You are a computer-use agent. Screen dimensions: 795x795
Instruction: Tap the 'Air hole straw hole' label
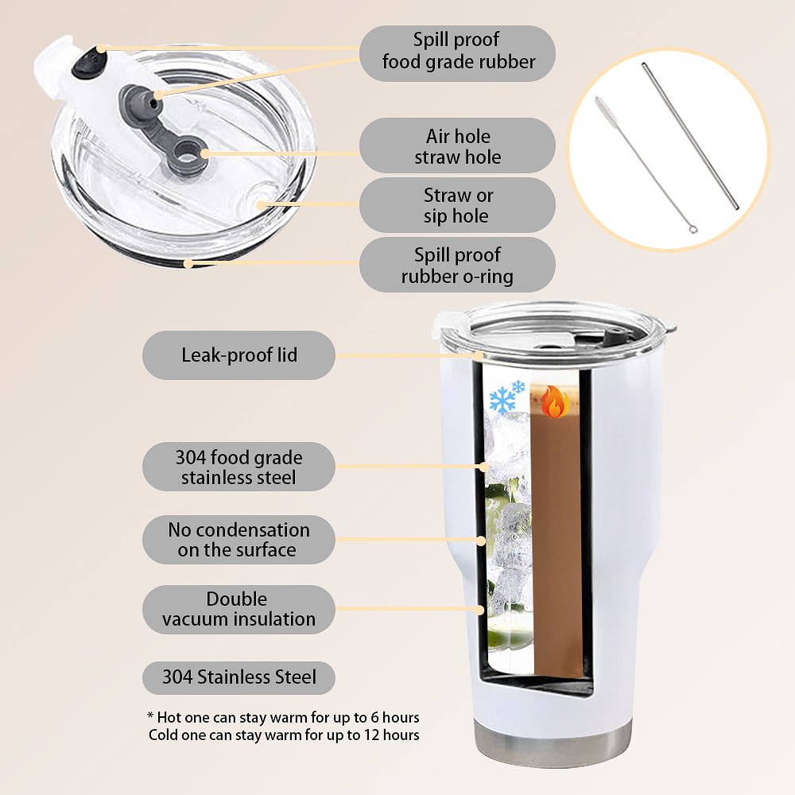pyautogui.click(x=457, y=146)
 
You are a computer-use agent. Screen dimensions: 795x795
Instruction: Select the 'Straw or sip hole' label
pyautogui.click(x=457, y=205)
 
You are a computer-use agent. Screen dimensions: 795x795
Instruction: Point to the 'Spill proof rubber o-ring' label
pyautogui.click(x=457, y=266)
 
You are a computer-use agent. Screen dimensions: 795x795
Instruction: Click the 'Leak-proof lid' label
pyautogui.click(x=238, y=355)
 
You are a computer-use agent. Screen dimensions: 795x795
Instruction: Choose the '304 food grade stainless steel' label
pyautogui.click(x=238, y=467)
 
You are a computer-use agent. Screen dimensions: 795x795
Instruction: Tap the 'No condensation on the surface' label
pyautogui.click(x=238, y=540)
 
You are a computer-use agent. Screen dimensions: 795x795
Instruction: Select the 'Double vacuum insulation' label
pyautogui.click(x=238, y=610)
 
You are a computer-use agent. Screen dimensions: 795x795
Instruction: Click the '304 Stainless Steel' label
pyautogui.click(x=238, y=677)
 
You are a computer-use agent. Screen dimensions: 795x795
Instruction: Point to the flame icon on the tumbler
pyautogui.click(x=555, y=402)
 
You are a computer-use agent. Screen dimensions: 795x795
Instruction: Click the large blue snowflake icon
pyautogui.click(x=502, y=401)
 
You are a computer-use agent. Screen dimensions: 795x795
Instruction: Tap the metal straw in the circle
pyautogui.click(x=690, y=136)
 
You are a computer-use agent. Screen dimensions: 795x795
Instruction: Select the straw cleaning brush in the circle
pyautogui.click(x=646, y=165)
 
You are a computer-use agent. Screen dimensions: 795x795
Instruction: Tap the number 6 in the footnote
pyautogui.click(x=374, y=717)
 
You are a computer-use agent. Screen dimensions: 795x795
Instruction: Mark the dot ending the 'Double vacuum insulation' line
pyautogui.click(x=480, y=610)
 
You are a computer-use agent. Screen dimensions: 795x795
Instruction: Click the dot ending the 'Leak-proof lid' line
pyautogui.click(x=479, y=355)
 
